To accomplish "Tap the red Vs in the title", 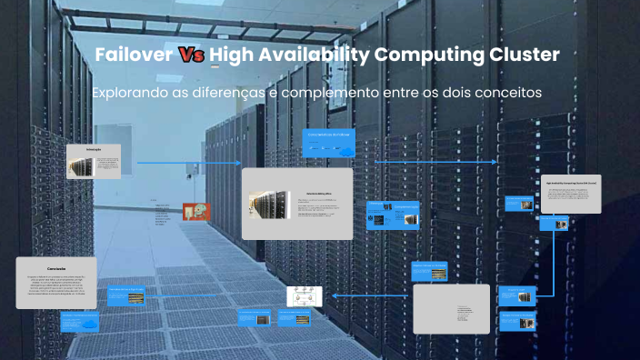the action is coord(190,55).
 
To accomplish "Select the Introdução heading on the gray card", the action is coord(93,148).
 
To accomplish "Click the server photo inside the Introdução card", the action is coord(83,166).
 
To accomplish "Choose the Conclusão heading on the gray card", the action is coord(55,269).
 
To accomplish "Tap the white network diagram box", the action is coord(305,295).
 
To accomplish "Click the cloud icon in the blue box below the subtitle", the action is coord(345,152).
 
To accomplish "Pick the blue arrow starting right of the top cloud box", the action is coord(436,162).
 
